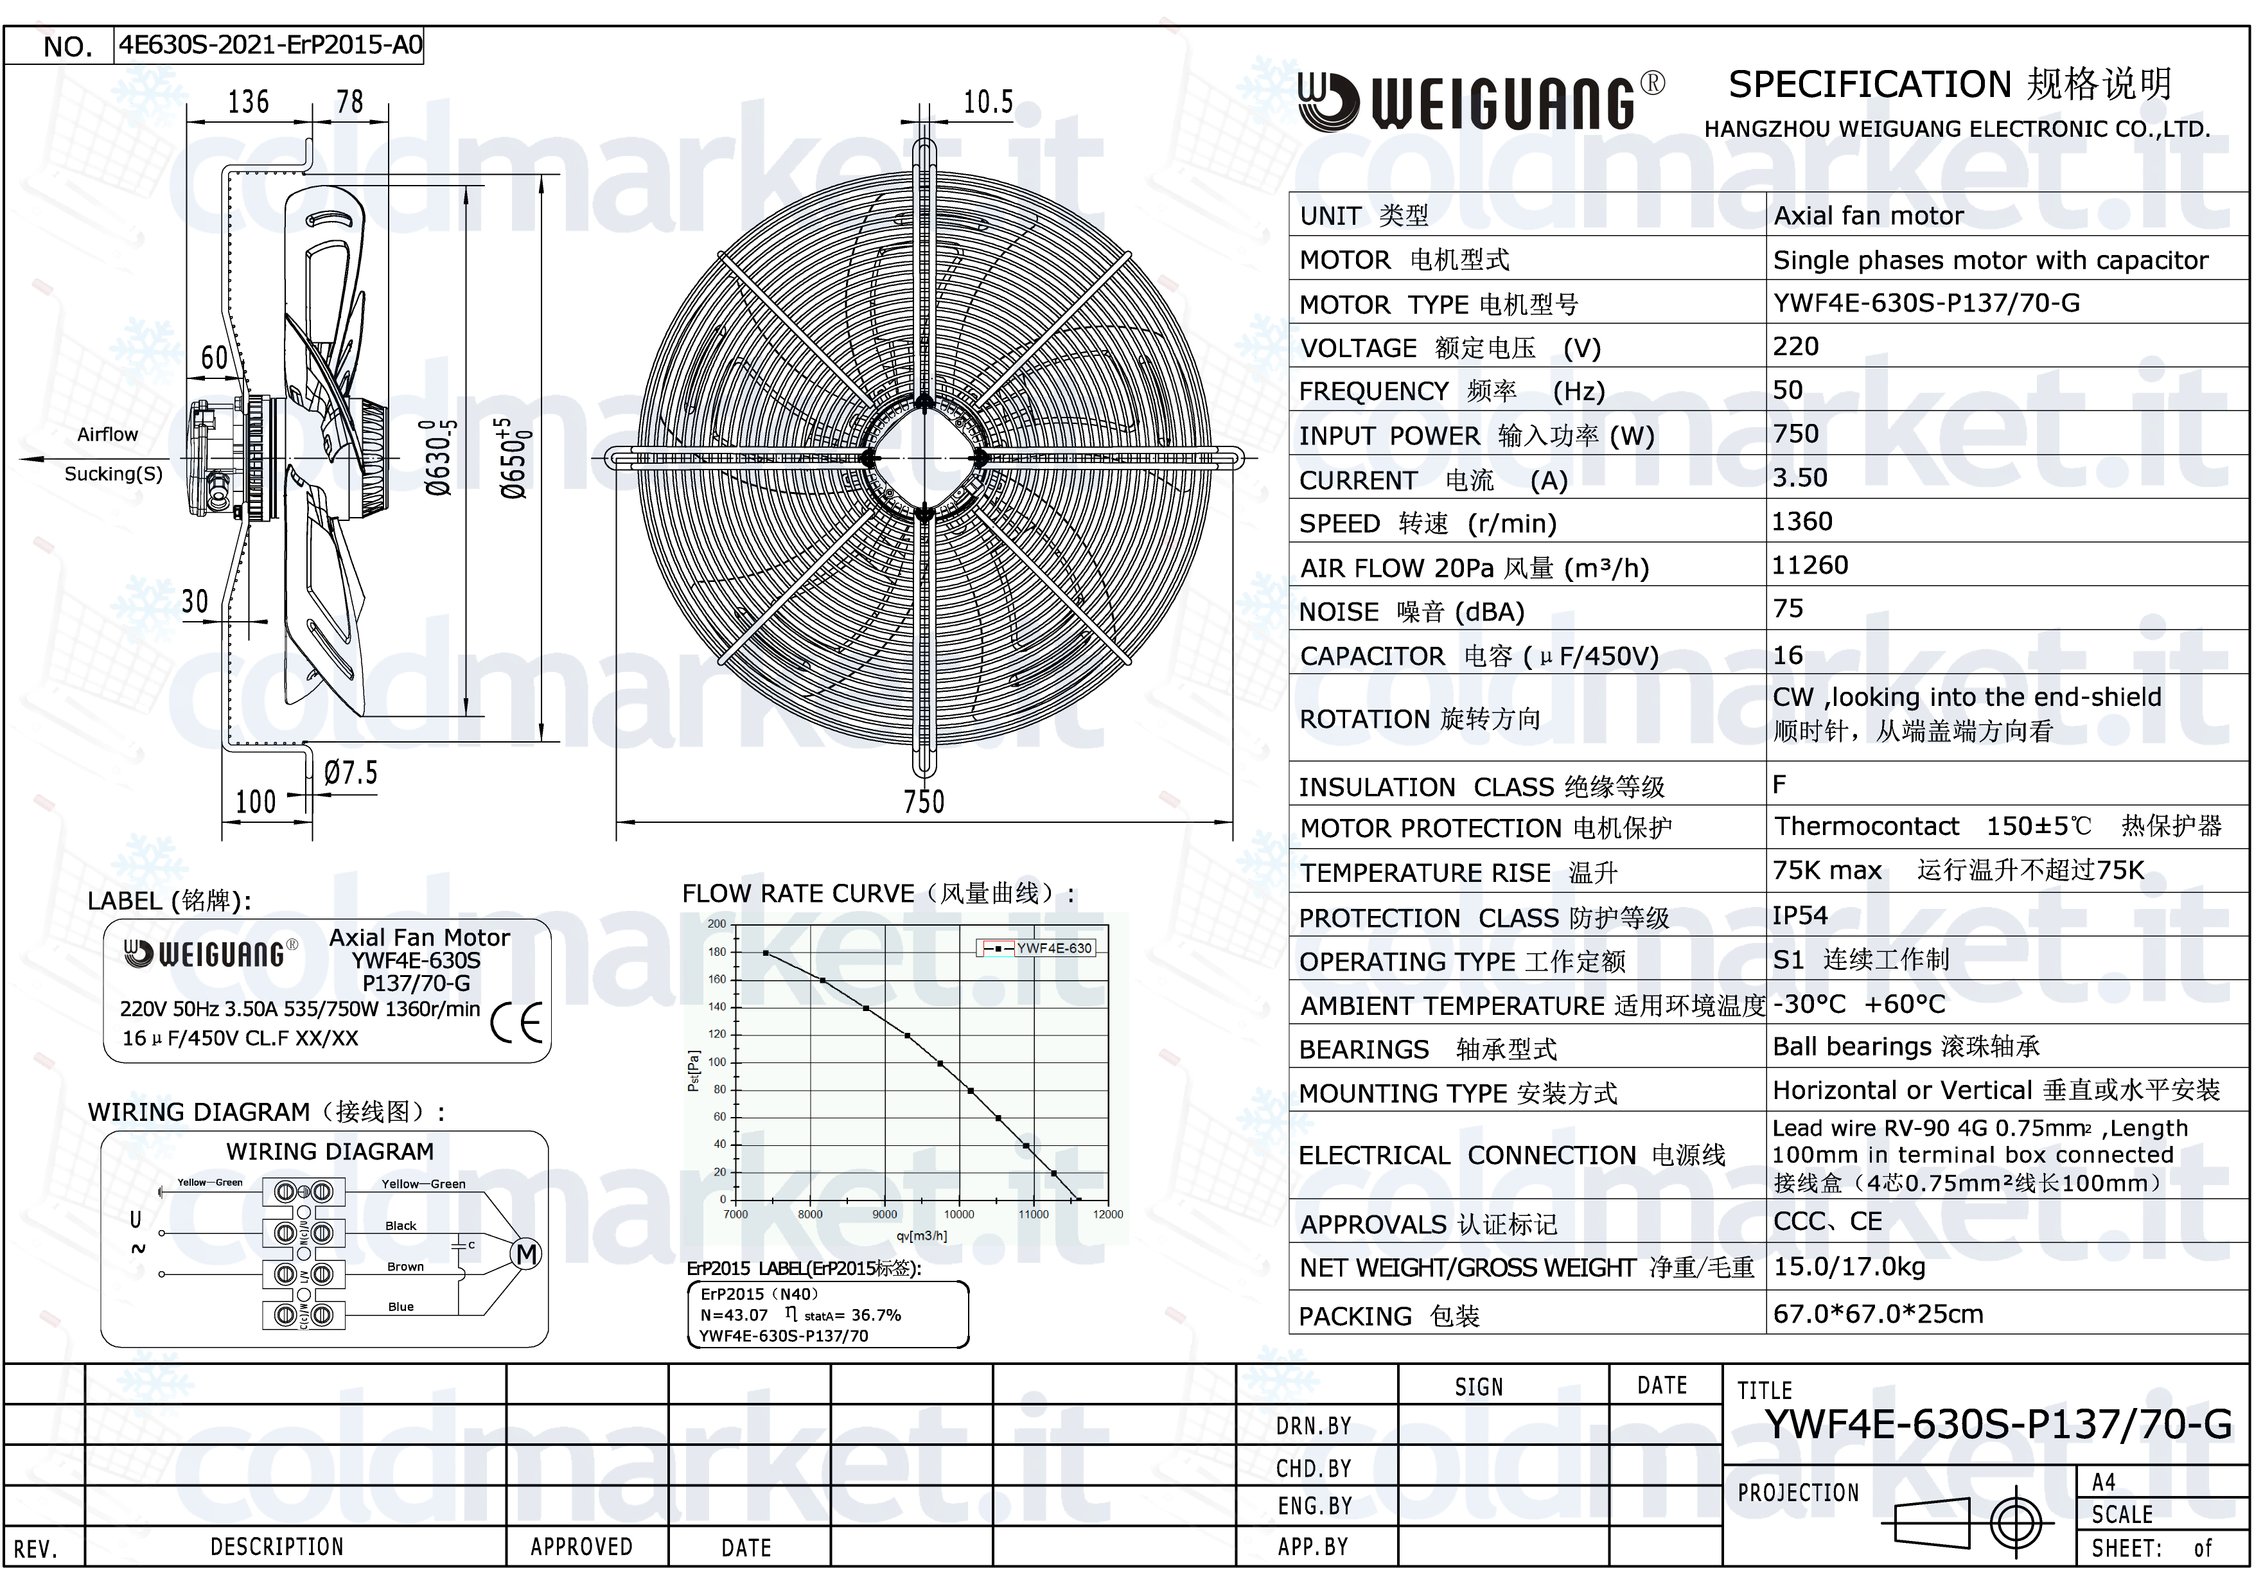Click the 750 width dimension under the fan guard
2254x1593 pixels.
[x=924, y=801]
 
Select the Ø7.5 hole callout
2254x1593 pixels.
[x=351, y=773]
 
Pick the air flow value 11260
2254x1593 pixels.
[x=1810, y=565]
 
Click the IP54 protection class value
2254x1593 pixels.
[x=1801, y=916]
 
